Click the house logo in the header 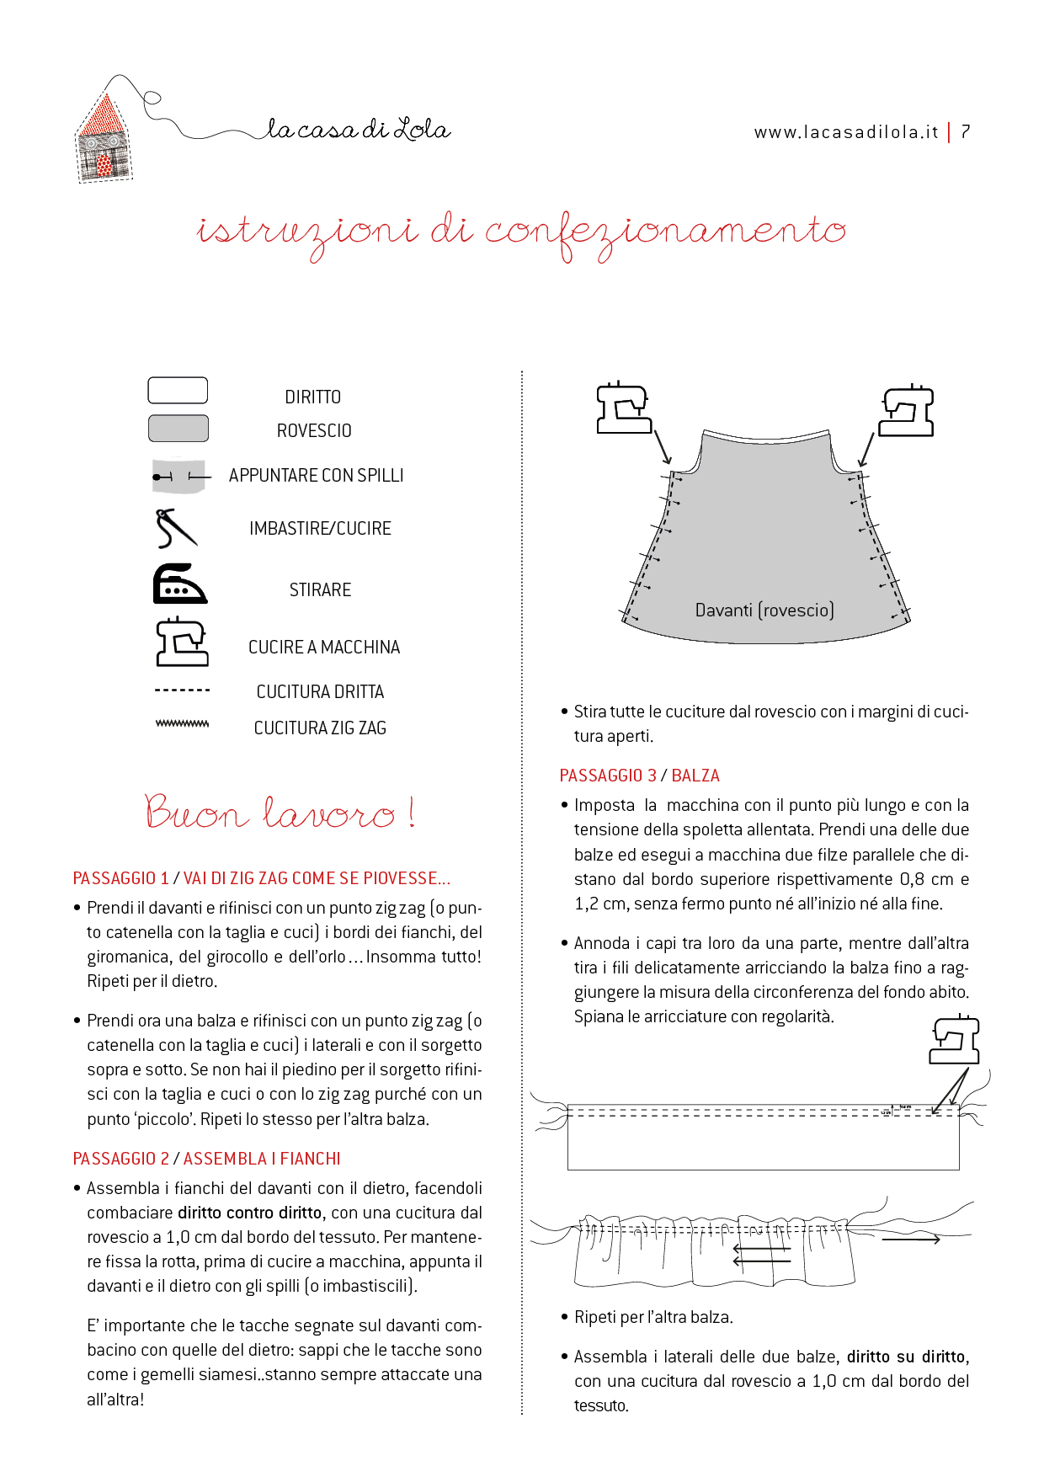point(104,137)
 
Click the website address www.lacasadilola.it point(845,132)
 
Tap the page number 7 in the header point(966,131)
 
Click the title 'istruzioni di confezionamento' point(521,232)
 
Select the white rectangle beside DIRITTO point(178,391)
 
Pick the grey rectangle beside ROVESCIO point(178,429)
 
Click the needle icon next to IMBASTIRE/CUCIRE point(176,529)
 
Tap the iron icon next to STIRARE point(178,584)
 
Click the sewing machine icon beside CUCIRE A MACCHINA point(182,643)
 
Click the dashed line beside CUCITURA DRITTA point(182,691)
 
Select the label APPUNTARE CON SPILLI point(316,476)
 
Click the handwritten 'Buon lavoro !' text point(279,813)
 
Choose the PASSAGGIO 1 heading point(261,878)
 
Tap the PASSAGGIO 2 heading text point(206,1159)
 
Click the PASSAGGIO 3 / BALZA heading point(639,776)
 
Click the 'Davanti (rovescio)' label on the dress point(764,610)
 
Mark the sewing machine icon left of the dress point(623,409)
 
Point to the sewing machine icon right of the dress point(907,411)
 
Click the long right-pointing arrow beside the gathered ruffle point(910,1240)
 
